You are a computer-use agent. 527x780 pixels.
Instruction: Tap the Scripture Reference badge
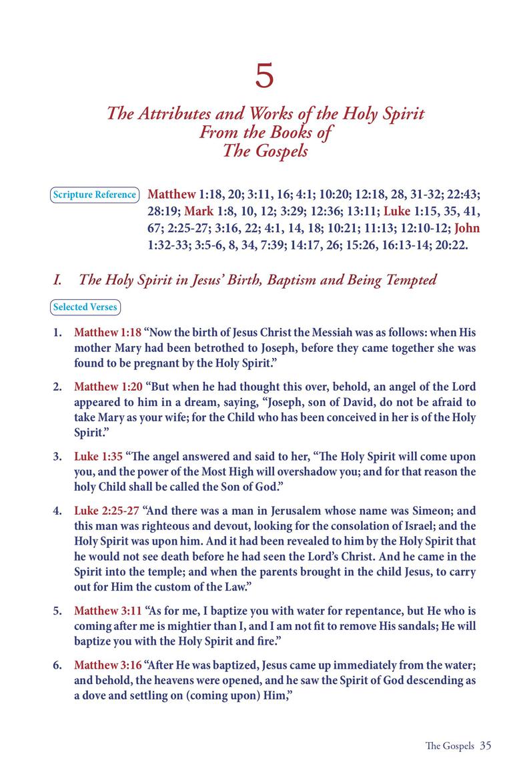[94, 195]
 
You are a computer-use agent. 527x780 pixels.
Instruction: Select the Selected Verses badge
[85, 307]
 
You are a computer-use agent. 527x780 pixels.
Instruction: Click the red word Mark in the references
[198, 212]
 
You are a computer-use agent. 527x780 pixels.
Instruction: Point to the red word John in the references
[466, 229]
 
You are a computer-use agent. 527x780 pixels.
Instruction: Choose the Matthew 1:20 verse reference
[107, 387]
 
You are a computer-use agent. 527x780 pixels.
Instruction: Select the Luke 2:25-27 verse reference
[107, 512]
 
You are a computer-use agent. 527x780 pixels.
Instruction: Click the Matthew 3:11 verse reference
[107, 610]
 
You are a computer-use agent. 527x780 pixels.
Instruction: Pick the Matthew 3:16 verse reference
[107, 665]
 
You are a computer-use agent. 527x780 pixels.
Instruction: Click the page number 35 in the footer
[485, 745]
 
